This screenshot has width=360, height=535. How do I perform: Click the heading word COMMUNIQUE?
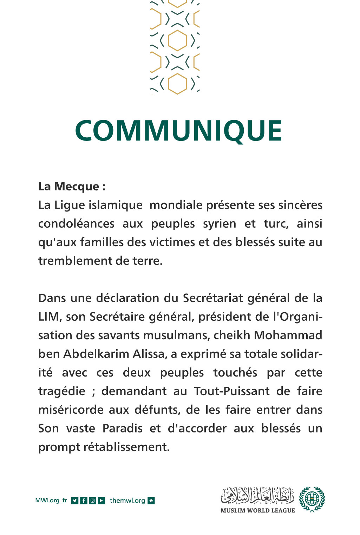click(178, 131)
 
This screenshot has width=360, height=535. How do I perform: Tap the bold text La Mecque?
click(69, 186)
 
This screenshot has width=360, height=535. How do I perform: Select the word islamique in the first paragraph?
click(115, 205)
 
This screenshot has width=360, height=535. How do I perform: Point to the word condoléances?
click(76, 223)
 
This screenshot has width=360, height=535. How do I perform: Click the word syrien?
click(220, 223)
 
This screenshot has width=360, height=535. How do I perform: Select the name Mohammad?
click(288, 335)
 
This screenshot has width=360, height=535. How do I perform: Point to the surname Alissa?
click(149, 354)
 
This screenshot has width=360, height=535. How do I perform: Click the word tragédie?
click(62, 391)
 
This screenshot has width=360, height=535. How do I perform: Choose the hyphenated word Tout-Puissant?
click(232, 391)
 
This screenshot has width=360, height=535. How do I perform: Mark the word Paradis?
click(122, 428)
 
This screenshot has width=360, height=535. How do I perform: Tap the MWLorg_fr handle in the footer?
click(51, 501)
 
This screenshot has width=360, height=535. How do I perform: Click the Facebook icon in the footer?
click(84, 501)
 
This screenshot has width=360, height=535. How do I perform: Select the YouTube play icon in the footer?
click(102, 501)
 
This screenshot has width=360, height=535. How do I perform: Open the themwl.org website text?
click(127, 501)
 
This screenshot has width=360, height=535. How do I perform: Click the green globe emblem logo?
click(312, 499)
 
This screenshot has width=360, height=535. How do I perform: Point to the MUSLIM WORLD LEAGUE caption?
click(258, 510)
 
